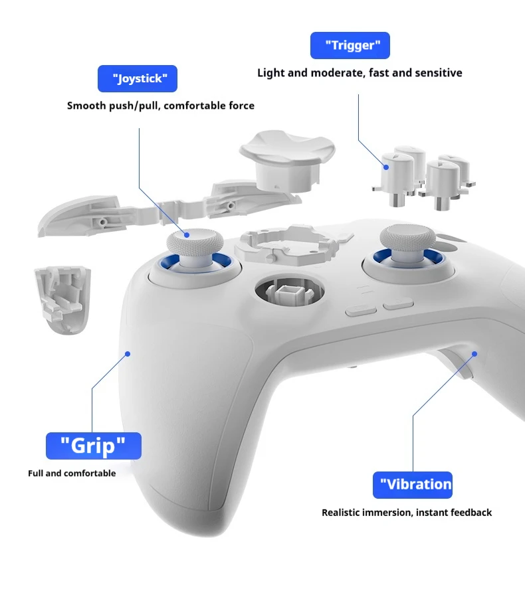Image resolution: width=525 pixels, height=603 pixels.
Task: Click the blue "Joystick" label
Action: point(138,79)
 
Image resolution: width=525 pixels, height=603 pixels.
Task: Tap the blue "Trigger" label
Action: point(350,45)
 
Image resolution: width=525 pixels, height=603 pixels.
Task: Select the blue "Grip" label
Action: point(94,446)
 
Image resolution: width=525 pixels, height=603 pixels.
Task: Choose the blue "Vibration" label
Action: point(413,485)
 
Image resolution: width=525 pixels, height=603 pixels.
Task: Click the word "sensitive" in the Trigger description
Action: point(438,73)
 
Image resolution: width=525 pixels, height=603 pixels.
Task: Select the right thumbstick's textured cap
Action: point(407,238)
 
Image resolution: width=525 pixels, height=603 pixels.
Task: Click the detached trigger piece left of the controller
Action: point(63,300)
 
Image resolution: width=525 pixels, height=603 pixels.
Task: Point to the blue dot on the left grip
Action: point(128,354)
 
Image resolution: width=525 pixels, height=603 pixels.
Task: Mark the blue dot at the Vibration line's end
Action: point(474,354)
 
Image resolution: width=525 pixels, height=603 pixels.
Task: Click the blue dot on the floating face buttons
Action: point(386,167)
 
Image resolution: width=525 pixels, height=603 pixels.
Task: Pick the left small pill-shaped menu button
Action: point(361,310)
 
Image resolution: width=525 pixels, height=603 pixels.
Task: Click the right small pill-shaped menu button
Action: point(398,303)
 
